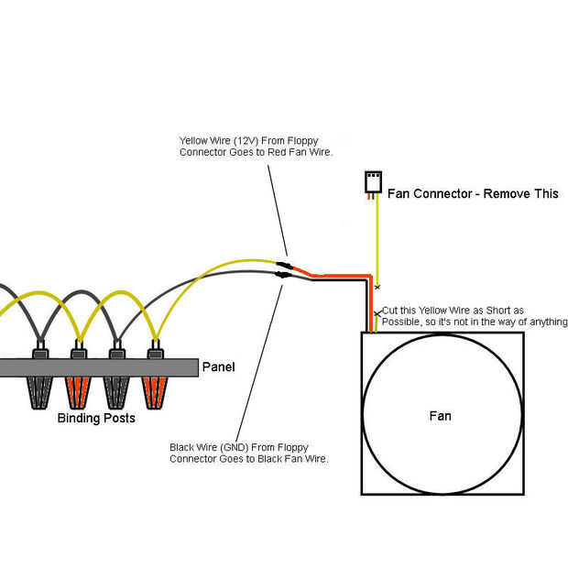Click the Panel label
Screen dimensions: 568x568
(218, 367)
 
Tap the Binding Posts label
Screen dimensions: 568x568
(96, 418)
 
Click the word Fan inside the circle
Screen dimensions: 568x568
(440, 416)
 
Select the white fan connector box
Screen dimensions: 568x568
(373, 181)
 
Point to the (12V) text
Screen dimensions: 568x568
(246, 140)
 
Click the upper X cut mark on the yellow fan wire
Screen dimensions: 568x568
(377, 288)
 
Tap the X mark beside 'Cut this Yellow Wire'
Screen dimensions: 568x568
(377, 313)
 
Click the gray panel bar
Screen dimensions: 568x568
(99, 367)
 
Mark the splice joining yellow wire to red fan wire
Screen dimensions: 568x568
(285, 265)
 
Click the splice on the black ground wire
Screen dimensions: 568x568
(283, 275)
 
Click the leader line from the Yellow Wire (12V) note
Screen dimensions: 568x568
(278, 211)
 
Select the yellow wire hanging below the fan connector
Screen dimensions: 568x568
(377, 241)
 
